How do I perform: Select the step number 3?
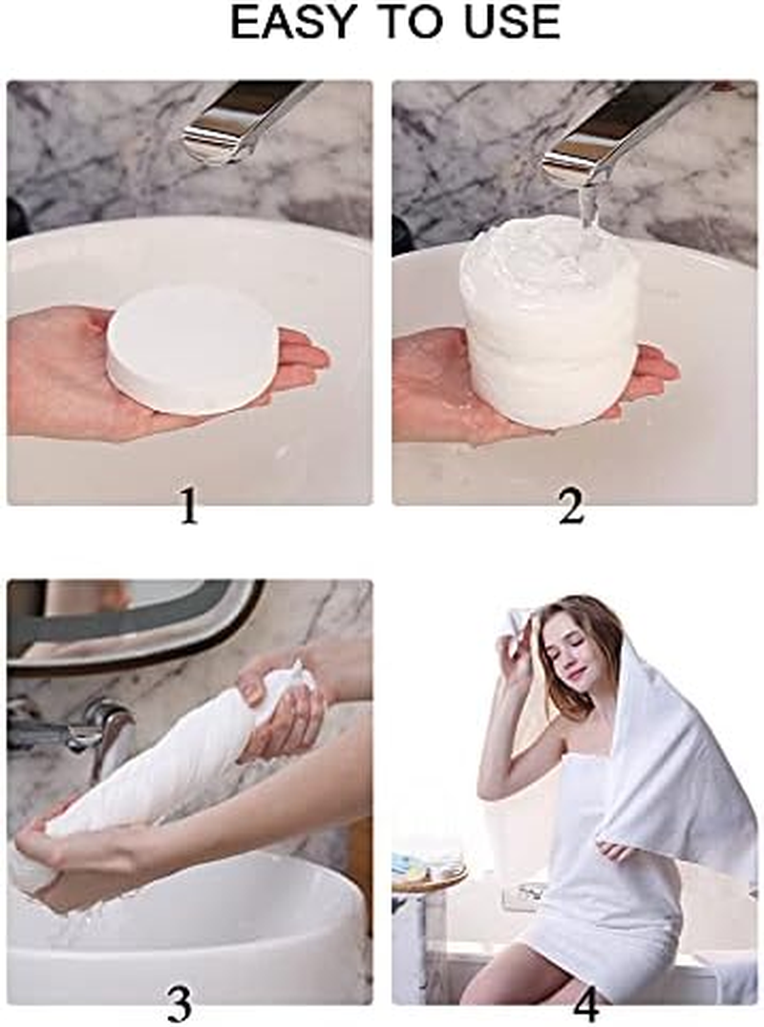coord(179,1002)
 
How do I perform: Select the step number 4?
coord(585,1002)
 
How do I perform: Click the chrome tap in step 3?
coord(105,730)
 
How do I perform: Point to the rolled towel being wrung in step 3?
coord(162,764)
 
